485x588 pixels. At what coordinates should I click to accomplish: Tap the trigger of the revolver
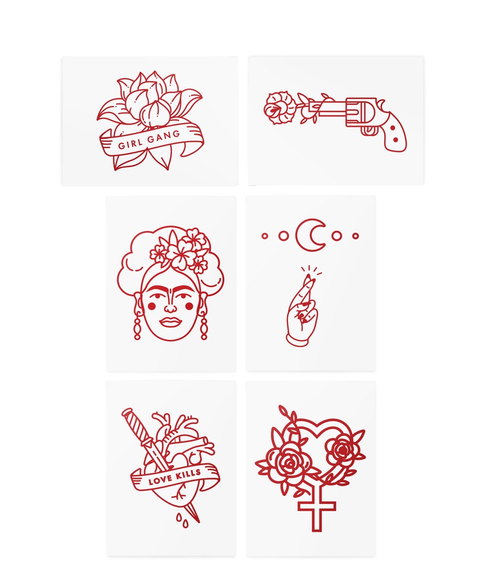369,130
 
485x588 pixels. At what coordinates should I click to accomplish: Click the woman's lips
170,322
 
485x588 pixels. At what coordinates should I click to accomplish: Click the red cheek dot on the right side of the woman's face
189,306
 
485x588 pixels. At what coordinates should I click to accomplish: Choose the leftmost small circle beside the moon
264,236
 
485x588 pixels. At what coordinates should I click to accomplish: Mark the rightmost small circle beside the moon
355,236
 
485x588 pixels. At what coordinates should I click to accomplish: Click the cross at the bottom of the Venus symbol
317,511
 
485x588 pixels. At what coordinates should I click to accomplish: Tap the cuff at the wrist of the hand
298,338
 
